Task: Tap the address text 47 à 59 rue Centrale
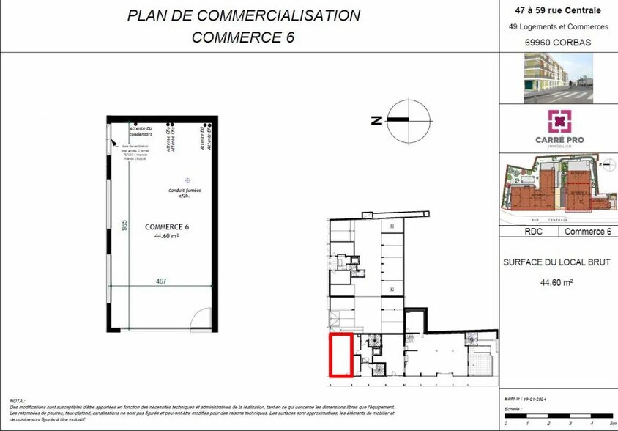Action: pos(559,10)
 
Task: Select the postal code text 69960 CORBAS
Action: pos(559,43)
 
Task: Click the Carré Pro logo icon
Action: pos(559,121)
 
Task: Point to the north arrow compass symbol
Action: pos(409,121)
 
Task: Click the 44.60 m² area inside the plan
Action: pos(167,237)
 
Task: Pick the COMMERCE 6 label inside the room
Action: pos(167,226)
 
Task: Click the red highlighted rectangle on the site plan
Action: pos(341,356)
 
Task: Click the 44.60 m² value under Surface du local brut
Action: pos(556,282)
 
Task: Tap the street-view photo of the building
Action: pos(559,78)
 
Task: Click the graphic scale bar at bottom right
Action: pos(558,420)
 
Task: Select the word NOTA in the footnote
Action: pos(17,401)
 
